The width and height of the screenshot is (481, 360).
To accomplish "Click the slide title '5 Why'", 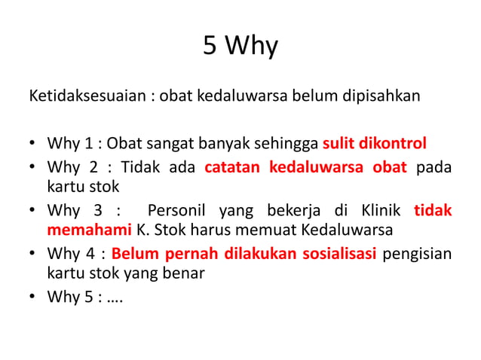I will pyautogui.click(x=240, y=47).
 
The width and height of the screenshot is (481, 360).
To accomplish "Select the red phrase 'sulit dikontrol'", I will pyautogui.click(x=375, y=143).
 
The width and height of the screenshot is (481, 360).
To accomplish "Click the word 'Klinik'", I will pyautogui.click(x=381, y=209).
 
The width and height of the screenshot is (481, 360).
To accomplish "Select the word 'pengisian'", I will pyautogui.click(x=418, y=253).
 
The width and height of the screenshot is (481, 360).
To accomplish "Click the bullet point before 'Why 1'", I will pyautogui.click(x=32, y=144).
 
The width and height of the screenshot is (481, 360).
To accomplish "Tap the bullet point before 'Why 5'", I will pyautogui.click(x=32, y=297).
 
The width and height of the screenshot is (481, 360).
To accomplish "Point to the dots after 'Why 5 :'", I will pyautogui.click(x=116, y=297).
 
